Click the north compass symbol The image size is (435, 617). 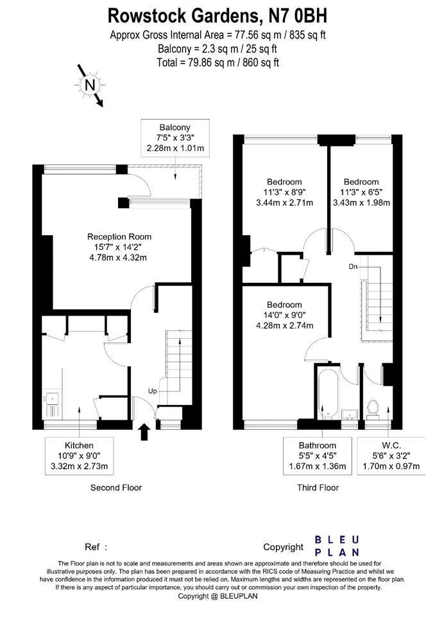[89, 84]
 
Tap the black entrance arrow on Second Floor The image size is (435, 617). [144, 431]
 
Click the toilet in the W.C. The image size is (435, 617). [373, 407]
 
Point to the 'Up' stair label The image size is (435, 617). [153, 390]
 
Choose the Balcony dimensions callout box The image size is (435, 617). [175, 138]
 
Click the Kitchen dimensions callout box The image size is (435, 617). [79, 456]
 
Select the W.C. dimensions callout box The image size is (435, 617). [391, 456]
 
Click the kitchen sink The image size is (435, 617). [51, 404]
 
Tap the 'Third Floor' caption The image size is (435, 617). [318, 488]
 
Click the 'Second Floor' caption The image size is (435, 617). [116, 488]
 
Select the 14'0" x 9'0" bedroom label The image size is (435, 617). [284, 315]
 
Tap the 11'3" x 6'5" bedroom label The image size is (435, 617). [361, 192]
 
